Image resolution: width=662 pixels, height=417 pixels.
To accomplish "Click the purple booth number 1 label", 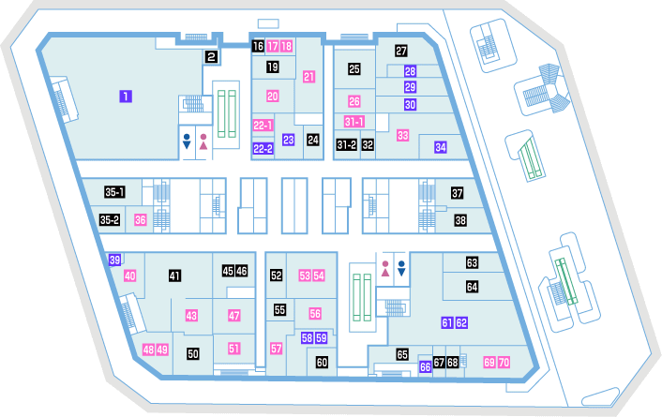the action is [126, 97].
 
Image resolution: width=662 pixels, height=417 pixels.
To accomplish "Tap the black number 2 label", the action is [212, 56].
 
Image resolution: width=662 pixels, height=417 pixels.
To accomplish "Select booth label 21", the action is [309, 77].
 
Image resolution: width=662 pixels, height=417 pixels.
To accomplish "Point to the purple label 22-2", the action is [263, 149].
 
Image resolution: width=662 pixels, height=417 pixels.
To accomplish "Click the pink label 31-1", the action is [354, 122].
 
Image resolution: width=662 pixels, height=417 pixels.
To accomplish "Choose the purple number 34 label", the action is [441, 147].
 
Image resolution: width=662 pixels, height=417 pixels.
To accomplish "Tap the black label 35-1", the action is [114, 192].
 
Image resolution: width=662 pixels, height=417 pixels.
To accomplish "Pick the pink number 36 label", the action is [140, 220].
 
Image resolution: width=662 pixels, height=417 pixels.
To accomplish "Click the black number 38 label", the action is [460, 220].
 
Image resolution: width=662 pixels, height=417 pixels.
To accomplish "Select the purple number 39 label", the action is [114, 260].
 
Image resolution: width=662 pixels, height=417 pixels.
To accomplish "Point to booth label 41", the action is [174, 276].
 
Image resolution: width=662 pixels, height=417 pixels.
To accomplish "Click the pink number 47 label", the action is [233, 315].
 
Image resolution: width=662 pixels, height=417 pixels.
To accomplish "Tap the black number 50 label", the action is [193, 353].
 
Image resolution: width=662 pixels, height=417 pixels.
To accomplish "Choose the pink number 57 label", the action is [276, 349].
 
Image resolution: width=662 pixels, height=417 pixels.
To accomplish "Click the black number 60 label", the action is [323, 362].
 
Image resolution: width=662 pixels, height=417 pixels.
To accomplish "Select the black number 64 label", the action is [472, 287].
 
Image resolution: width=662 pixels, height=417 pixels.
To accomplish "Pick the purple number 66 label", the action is [425, 366].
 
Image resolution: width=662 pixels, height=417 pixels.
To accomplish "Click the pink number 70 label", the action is [504, 362].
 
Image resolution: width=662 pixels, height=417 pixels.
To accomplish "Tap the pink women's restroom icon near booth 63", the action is [385, 269].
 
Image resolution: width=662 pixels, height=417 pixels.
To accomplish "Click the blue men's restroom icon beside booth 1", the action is [187, 141].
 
